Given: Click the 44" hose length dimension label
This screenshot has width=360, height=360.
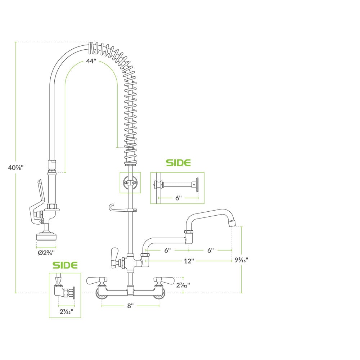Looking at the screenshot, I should click(x=91, y=61).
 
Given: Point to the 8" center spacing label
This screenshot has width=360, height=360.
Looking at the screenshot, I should click(x=130, y=305).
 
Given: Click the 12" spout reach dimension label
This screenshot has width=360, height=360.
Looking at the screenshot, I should click(x=189, y=261).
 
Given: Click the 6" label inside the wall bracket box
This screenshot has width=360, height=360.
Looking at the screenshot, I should click(x=179, y=197).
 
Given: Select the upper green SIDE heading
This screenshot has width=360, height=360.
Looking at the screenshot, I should click(x=178, y=163).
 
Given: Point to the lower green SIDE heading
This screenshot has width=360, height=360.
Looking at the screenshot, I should click(x=65, y=265).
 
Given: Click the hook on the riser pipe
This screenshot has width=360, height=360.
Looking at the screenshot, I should click(x=111, y=208).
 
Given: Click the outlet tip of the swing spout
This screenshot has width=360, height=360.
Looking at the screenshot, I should click(x=231, y=223).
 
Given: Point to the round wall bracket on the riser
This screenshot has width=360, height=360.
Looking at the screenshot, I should click(x=130, y=183).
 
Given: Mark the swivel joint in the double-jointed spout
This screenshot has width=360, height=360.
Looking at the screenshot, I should click(x=187, y=234).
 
